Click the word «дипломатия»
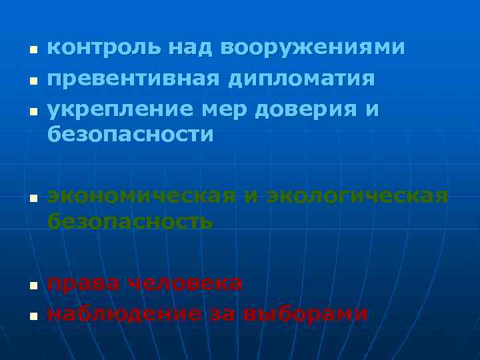pyautogui.click(x=301, y=79)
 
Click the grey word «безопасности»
pyautogui.click(x=131, y=135)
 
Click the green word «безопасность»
pyautogui.click(x=131, y=221)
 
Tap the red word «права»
pyautogui.click(x=83, y=283)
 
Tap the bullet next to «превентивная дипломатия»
pyautogui.click(x=31, y=81)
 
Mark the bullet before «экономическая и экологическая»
pyautogui.click(x=31, y=198)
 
